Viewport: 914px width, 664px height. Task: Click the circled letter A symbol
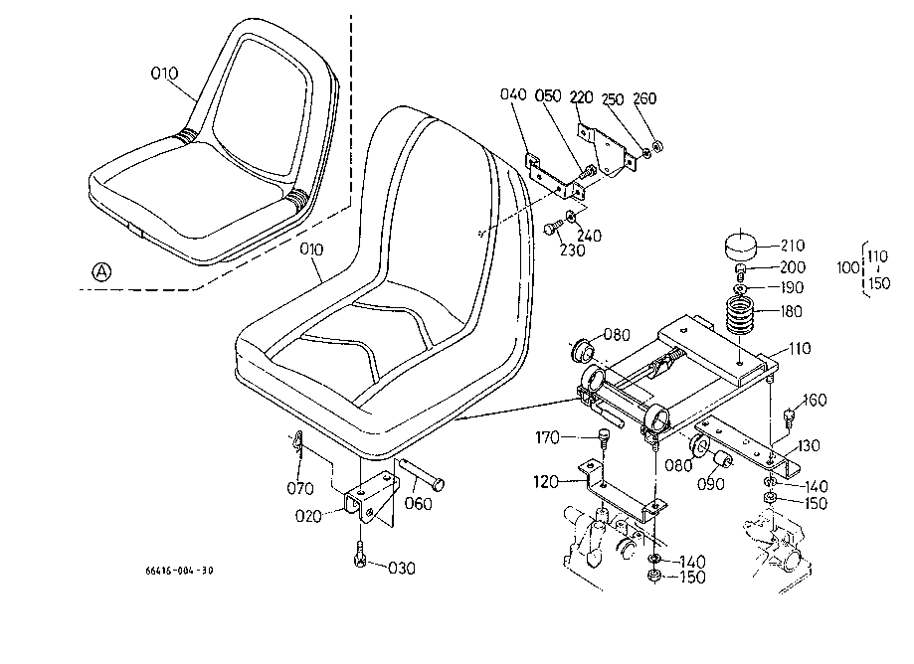pyautogui.click(x=102, y=271)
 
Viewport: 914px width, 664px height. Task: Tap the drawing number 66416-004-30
pyautogui.click(x=180, y=571)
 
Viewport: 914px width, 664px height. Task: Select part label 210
pyautogui.click(x=792, y=246)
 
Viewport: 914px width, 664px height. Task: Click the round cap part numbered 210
pyautogui.click(x=740, y=245)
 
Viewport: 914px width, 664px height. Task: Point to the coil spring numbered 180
pyautogui.click(x=740, y=315)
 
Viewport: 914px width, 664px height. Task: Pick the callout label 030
pyautogui.click(x=402, y=568)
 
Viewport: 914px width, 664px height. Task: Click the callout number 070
pyautogui.click(x=300, y=488)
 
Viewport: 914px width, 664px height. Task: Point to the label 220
pyautogui.click(x=581, y=96)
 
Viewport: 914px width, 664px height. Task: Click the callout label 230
pyautogui.click(x=572, y=250)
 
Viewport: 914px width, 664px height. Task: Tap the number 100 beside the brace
pyautogui.click(x=848, y=268)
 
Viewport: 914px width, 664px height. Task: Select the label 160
pyautogui.click(x=815, y=401)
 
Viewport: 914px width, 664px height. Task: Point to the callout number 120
pyautogui.click(x=546, y=482)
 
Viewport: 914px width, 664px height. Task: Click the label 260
pyautogui.click(x=644, y=97)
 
